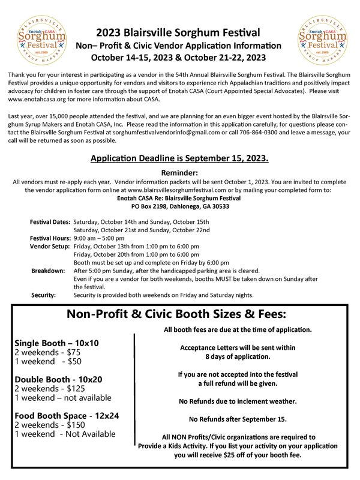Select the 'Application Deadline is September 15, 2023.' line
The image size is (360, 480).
[x=179, y=158]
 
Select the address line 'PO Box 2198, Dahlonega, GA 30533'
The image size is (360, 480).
[x=179, y=206]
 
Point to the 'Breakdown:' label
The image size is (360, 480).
[x=48, y=271]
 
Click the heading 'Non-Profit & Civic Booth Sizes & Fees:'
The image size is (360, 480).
[x=176, y=314]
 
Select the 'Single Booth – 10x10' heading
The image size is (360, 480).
[x=56, y=343]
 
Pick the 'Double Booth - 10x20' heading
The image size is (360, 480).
[x=58, y=379]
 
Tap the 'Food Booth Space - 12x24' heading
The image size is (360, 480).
[x=67, y=415]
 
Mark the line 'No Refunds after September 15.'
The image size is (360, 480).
[x=238, y=419]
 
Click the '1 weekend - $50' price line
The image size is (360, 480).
[x=47, y=361]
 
